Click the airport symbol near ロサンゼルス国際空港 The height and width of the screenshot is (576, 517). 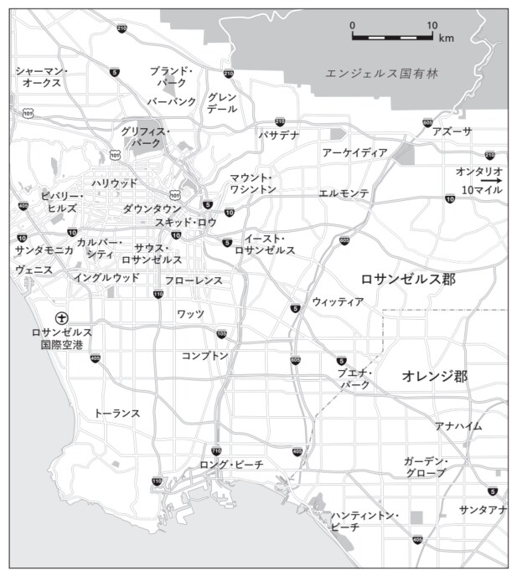(61, 317)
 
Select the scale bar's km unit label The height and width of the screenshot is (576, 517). (446, 39)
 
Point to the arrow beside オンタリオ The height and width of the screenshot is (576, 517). (491, 180)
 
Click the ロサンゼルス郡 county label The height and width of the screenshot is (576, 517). (407, 279)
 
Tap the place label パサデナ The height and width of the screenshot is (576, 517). (278, 135)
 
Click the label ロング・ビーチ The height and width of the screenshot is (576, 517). (231, 464)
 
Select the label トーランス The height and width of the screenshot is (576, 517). (116, 414)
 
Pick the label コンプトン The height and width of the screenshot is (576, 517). (205, 356)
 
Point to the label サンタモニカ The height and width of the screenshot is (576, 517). (44, 250)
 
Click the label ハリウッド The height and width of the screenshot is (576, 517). (115, 183)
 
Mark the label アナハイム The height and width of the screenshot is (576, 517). (458, 426)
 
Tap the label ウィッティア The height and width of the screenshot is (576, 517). (338, 301)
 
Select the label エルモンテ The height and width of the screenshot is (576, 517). (344, 193)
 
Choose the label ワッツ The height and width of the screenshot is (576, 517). (190, 313)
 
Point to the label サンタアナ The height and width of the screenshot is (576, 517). (483, 510)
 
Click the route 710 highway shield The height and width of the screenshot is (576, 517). (217, 451)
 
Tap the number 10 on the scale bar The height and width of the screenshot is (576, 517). (432, 25)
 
